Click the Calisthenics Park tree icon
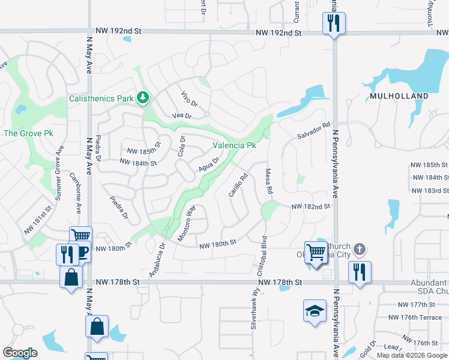coord(142,98)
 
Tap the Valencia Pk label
coord(235,145)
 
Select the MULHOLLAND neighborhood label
coord(399,96)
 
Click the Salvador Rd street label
coord(314,131)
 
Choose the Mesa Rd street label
coord(269,181)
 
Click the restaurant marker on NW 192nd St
coord(333,24)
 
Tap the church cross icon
coord(359,249)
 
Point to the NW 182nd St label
coord(311,206)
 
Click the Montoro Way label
coord(187,223)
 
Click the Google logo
coord(20,353)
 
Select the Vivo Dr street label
coord(189,99)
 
